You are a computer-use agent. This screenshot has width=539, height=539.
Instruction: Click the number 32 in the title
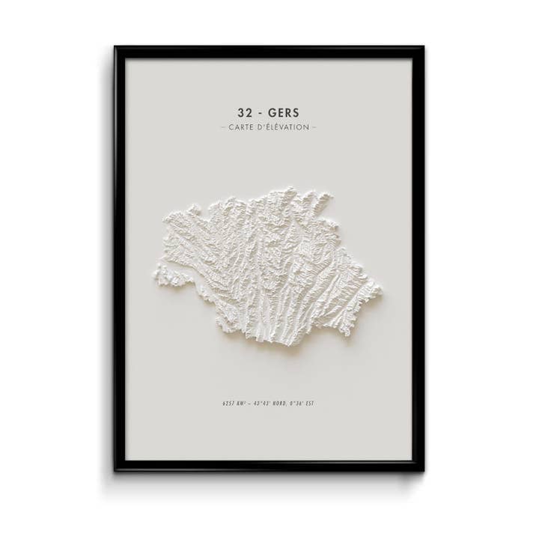[x=245, y=113]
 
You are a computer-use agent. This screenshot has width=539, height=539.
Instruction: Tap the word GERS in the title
[x=282, y=113]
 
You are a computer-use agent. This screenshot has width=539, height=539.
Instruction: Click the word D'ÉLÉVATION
[x=284, y=127]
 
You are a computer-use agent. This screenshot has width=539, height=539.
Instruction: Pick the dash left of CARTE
[x=223, y=127]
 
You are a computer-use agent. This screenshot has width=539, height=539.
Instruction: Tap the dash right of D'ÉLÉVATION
[x=314, y=127]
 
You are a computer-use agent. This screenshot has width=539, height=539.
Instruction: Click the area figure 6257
[x=229, y=404]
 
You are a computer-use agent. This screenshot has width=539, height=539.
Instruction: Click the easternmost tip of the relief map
[x=380, y=288]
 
